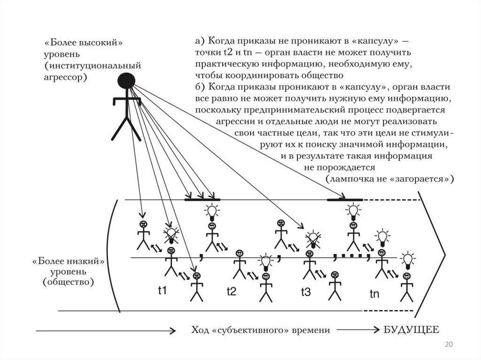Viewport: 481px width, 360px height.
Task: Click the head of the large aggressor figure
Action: pyautogui.click(x=126, y=81)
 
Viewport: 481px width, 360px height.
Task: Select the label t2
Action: pyautogui.click(x=231, y=291)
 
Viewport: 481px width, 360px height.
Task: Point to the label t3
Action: pyautogui.click(x=305, y=292)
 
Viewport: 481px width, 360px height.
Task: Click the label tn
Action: pyautogui.click(x=374, y=294)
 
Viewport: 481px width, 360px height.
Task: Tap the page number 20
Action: pyautogui.click(x=449, y=345)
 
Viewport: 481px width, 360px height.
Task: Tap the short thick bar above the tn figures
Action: pyautogui.click(x=344, y=200)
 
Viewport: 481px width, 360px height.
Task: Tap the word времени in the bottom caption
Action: pyautogui.click(x=312, y=330)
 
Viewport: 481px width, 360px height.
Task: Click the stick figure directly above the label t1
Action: pyautogui.click(x=171, y=263)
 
